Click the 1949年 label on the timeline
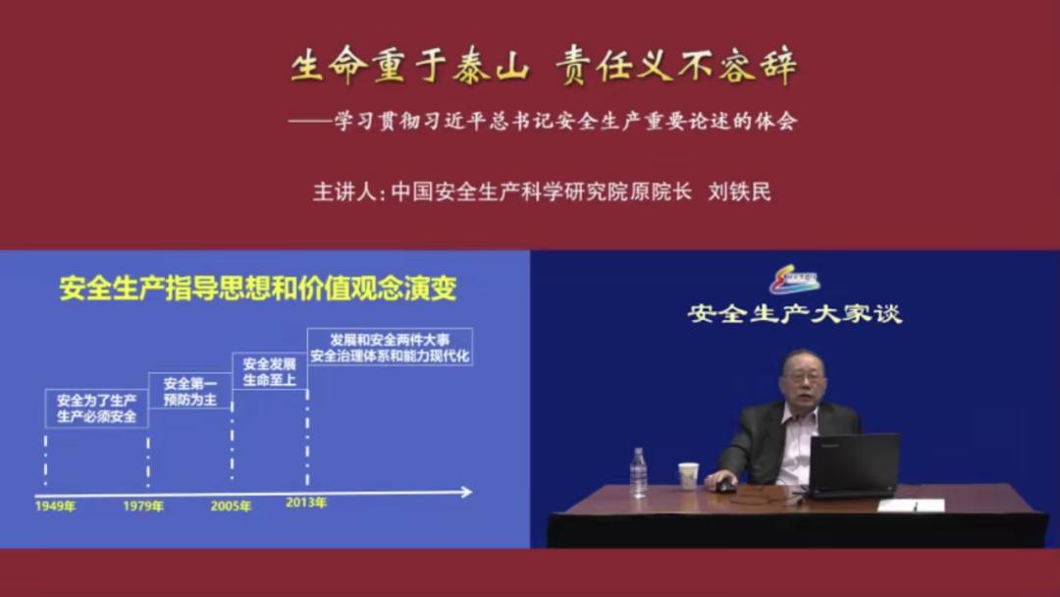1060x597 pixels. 55,507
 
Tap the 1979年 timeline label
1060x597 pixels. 143,507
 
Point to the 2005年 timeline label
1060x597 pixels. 231,507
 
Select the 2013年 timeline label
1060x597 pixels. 306,503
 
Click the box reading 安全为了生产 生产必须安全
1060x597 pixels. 96,408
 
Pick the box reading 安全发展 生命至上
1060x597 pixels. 269,371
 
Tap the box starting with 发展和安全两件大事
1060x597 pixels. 391,347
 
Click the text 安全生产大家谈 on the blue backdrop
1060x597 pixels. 794,314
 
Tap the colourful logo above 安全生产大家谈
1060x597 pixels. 794,282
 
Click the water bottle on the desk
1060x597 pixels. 638,472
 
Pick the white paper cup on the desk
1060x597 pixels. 688,475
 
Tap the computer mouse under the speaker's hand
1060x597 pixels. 725,487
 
